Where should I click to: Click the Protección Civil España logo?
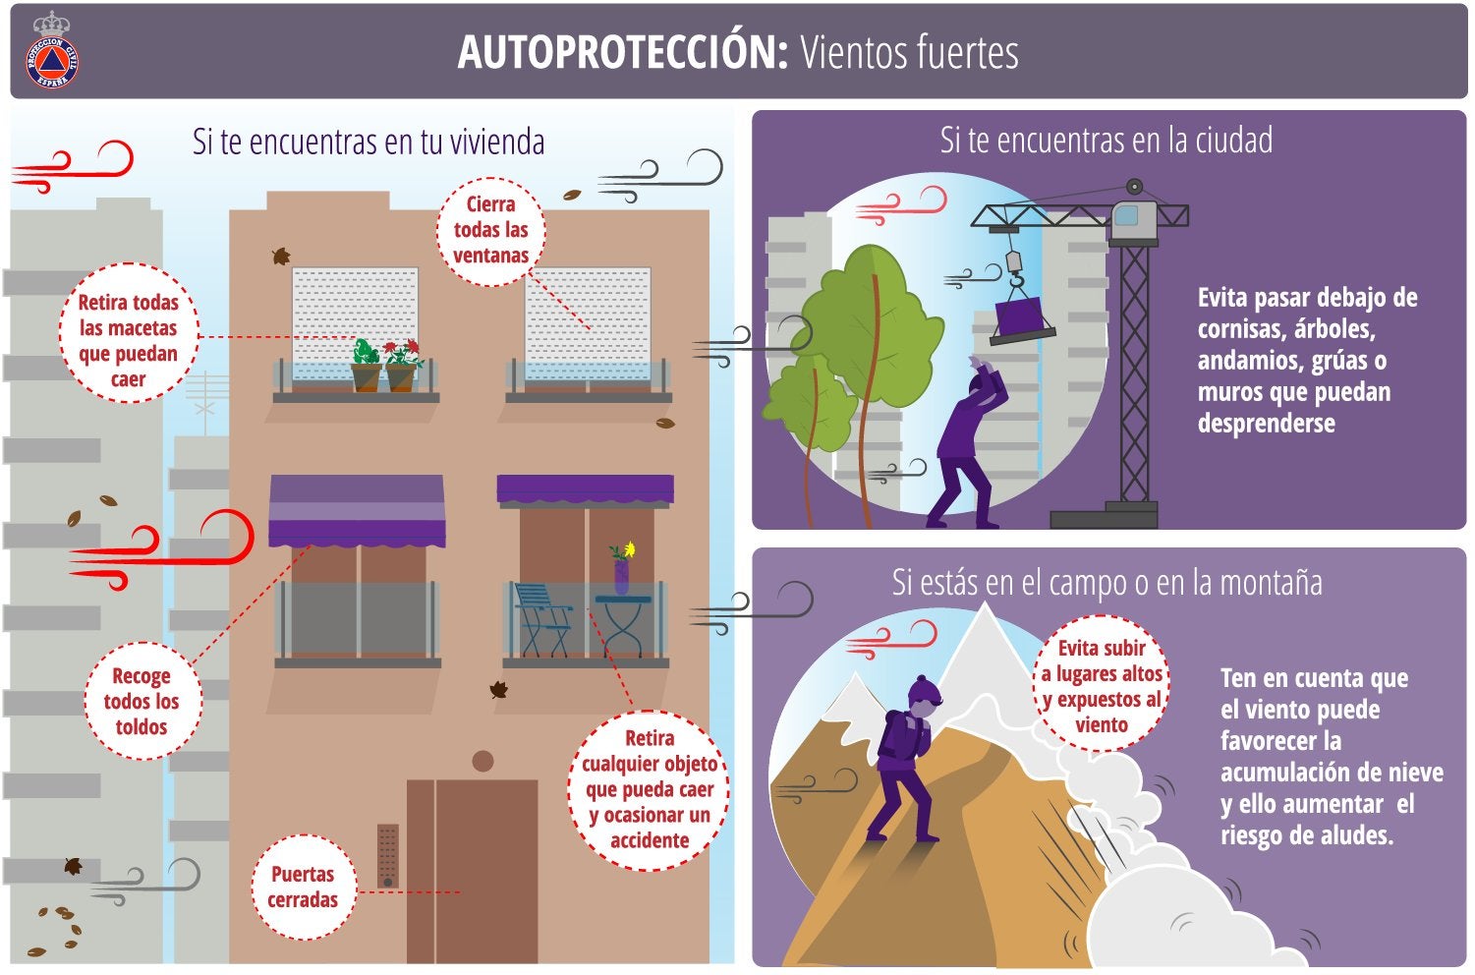point(53,51)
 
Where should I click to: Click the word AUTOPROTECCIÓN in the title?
point(623,52)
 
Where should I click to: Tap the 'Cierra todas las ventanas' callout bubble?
point(491,231)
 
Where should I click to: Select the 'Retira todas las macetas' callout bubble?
point(129,333)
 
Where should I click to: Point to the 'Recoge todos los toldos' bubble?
point(142,701)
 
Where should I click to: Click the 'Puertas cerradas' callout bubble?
point(303,887)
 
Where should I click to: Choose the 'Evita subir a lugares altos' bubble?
point(1102,685)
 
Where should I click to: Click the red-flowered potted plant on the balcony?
point(403,367)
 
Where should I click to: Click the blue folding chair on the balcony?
point(541,620)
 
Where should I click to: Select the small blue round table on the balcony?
point(623,626)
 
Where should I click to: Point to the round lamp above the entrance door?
point(483,761)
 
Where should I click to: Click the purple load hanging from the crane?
point(1022,320)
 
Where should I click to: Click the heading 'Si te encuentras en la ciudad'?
point(1106,141)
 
